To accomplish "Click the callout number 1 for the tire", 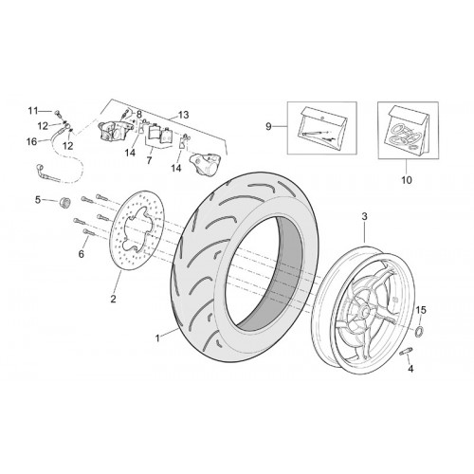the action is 157,338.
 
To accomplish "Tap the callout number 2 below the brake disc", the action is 113,299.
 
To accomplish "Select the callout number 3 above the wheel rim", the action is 364,217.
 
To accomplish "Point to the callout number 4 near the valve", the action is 410,369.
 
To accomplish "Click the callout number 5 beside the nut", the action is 38,200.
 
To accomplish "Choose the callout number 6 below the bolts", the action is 82,254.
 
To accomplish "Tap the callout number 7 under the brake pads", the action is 149,160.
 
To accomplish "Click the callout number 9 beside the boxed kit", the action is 268,127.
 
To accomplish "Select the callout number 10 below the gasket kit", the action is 407,180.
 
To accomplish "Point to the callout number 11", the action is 33,111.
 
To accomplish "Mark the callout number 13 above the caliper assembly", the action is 183,115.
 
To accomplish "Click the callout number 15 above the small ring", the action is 421,310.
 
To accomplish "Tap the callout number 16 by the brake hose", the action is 32,141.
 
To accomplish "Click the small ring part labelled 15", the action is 419,331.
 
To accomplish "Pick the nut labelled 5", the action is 64,202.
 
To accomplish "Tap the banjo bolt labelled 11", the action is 58,112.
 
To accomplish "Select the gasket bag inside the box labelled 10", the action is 409,130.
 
